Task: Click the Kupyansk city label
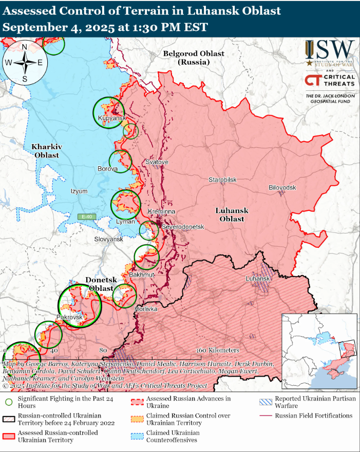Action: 111,119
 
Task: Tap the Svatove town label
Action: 157,162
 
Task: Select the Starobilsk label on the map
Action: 222,180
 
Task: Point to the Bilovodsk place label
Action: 282,188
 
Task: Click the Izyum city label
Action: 79,191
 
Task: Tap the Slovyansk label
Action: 109,240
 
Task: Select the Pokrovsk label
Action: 69,318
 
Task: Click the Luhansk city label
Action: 257,279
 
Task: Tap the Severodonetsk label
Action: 183,227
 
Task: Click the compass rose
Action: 25,63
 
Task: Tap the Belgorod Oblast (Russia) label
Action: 194,57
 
